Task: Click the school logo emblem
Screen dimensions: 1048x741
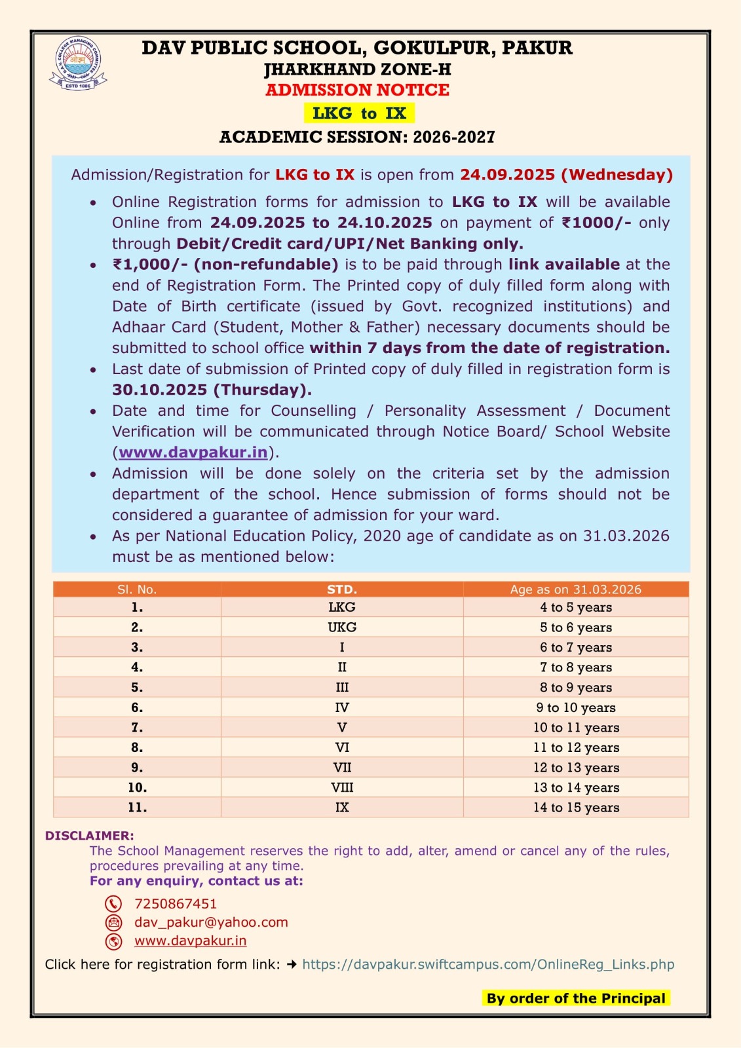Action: point(78,63)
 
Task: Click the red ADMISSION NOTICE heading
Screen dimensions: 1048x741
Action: point(357,90)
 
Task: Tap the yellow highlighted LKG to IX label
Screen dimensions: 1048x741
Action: point(359,113)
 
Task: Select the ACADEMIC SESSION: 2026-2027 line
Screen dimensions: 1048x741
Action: point(357,137)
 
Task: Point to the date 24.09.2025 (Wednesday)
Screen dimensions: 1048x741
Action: point(566,175)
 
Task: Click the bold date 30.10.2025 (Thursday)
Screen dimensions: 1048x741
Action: point(212,390)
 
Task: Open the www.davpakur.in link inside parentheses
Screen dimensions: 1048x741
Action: point(193,453)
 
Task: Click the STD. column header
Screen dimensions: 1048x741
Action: point(342,589)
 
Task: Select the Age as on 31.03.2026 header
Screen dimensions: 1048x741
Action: point(575,589)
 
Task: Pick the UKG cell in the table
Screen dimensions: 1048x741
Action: point(342,627)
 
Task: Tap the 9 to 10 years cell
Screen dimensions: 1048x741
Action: point(575,707)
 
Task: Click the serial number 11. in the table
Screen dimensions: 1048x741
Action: point(137,808)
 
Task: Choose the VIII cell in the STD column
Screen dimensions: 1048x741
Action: point(342,787)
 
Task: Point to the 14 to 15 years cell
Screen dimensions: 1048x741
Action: point(575,808)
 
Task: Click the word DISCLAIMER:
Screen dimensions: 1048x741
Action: point(89,836)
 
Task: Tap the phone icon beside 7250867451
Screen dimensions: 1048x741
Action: point(113,904)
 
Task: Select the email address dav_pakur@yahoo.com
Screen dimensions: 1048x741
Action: point(211,922)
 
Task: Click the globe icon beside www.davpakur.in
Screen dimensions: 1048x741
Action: point(113,941)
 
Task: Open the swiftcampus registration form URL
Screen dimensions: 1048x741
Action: point(488,964)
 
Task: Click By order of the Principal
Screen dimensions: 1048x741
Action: point(575,998)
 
